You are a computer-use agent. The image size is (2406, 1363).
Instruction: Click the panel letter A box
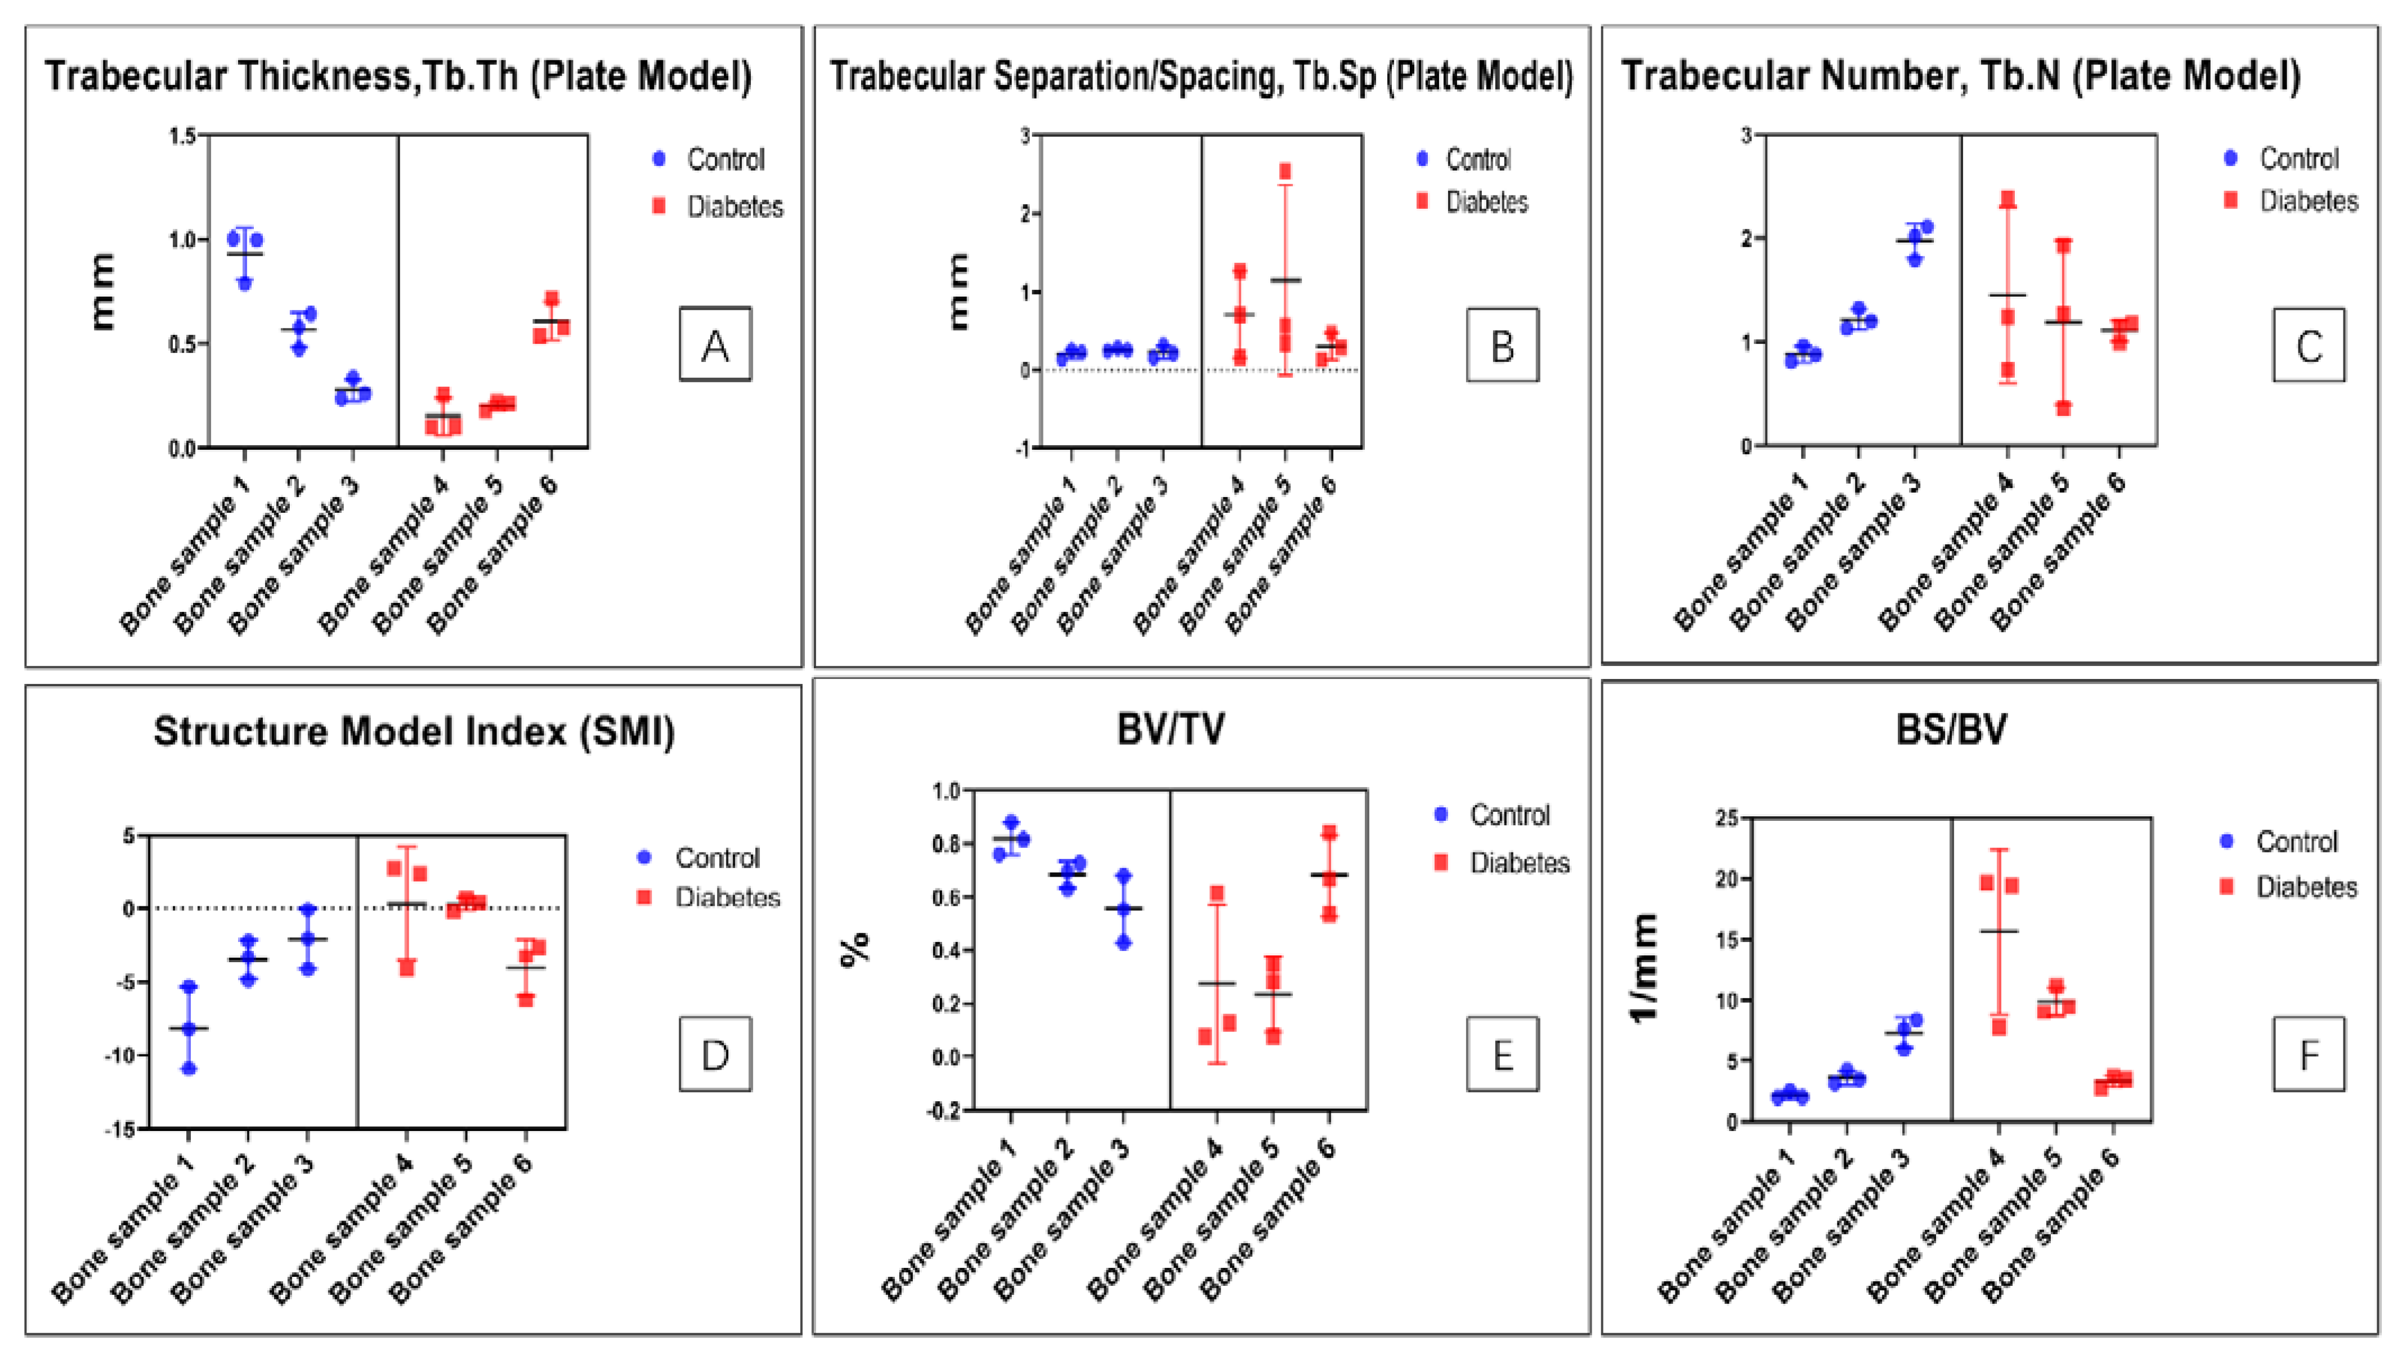click(x=715, y=345)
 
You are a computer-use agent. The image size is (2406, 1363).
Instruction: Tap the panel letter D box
click(x=715, y=1054)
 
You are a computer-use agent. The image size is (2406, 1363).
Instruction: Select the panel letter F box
click(x=2309, y=1054)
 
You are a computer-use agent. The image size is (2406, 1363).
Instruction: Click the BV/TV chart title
click(x=1171, y=729)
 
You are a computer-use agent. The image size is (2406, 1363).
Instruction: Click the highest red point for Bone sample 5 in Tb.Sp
click(x=1285, y=171)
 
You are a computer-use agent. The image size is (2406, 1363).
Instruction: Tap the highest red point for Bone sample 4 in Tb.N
click(x=2008, y=199)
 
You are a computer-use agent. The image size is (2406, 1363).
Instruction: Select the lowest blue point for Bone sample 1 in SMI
click(x=189, y=1067)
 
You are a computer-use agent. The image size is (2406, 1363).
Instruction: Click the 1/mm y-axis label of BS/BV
click(x=1644, y=969)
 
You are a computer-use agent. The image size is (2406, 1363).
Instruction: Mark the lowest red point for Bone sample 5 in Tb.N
click(x=2063, y=408)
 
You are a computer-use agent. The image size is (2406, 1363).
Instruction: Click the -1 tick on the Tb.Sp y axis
click(x=1025, y=448)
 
